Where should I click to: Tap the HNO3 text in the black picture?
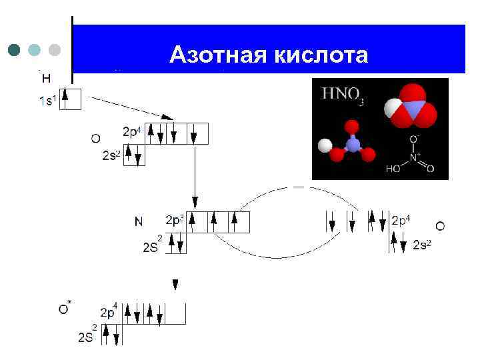343,96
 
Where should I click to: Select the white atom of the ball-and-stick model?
325,145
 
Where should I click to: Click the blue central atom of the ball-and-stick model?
353,145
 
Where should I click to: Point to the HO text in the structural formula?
393,169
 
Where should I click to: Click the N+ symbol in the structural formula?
414,158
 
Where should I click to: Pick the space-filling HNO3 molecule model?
411,107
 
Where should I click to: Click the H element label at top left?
46,79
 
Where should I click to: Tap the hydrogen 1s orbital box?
71,99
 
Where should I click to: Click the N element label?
139,221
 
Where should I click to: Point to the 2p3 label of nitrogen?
175,219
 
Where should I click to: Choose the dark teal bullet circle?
15,50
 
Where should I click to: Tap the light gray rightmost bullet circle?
55,50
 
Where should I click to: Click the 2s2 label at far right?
422,245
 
